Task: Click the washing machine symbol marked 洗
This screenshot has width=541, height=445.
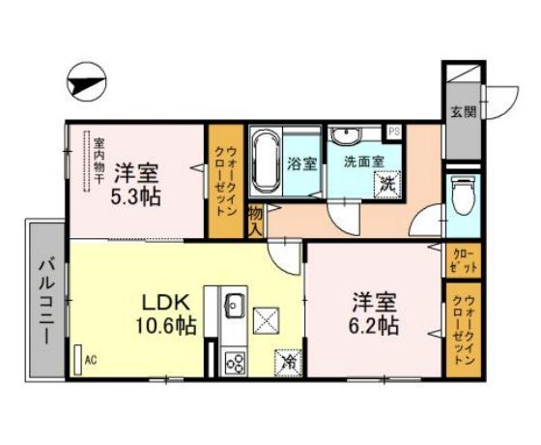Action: click(386, 183)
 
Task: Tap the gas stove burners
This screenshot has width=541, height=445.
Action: click(235, 362)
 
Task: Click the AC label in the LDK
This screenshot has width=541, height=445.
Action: click(91, 360)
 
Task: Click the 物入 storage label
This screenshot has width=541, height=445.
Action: click(256, 221)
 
